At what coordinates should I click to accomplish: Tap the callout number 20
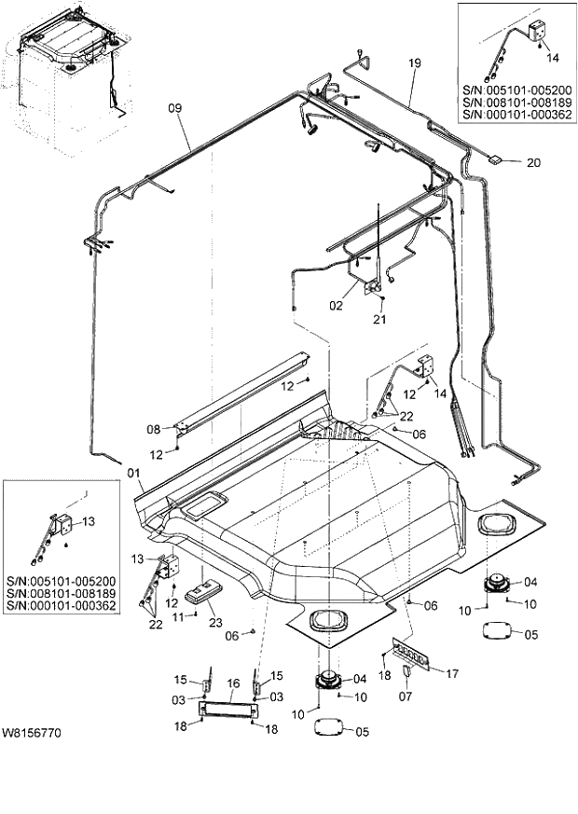(532, 162)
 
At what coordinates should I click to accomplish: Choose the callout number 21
(378, 320)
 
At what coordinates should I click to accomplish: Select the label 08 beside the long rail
(154, 430)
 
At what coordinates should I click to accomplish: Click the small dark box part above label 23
(200, 595)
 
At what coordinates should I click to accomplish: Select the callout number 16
(233, 683)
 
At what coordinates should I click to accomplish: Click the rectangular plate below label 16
(227, 711)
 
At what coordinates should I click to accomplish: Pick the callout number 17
(452, 672)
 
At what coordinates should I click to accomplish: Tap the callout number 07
(405, 695)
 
